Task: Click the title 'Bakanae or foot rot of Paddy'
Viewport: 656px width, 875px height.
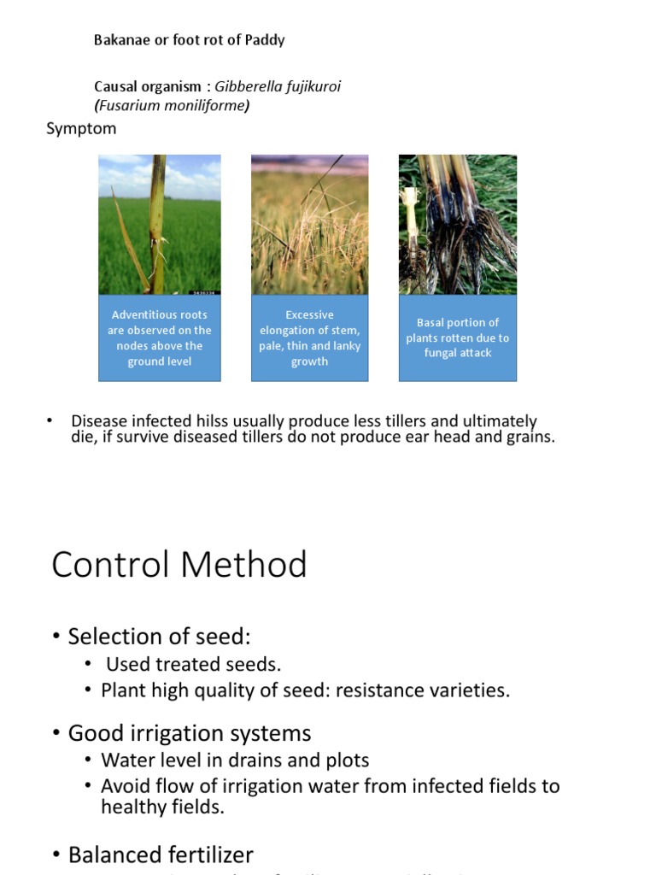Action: point(189,40)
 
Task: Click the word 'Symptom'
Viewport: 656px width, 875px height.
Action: point(81,129)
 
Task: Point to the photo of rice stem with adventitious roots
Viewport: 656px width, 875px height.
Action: point(160,224)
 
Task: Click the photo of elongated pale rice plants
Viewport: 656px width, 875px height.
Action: point(309,224)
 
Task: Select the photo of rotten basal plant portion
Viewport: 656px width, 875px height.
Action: point(457,224)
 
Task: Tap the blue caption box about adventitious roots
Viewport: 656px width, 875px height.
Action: point(160,338)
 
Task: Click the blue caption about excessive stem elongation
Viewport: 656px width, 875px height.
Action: point(309,338)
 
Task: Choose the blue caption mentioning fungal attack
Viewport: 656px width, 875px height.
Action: point(457,338)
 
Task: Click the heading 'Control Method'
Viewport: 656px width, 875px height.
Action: point(179,566)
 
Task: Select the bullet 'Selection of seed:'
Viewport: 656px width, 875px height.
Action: point(159,637)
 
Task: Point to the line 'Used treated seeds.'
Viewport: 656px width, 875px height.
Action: point(193,664)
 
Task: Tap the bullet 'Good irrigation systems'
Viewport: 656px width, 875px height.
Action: point(189,733)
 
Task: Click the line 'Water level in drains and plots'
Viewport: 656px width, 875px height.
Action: point(235,760)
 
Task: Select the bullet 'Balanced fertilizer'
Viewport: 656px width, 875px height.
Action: point(161,854)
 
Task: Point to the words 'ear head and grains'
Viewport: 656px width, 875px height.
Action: point(491,437)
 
